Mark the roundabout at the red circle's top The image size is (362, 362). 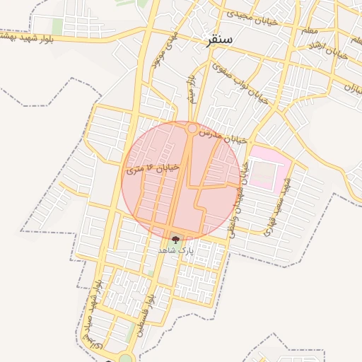[x=192, y=129]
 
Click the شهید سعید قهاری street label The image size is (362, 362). [x=276, y=206]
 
